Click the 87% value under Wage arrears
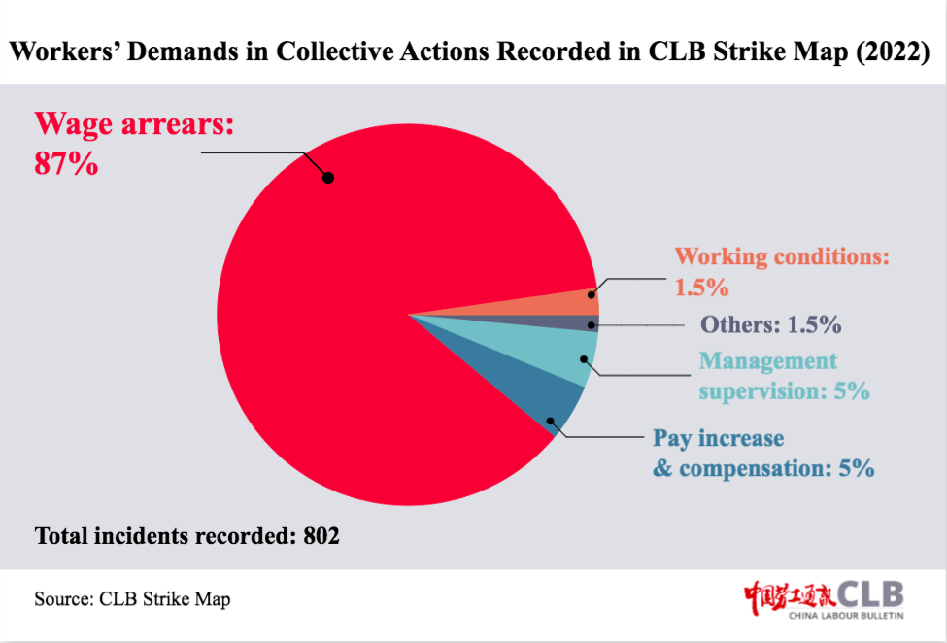pos(66,163)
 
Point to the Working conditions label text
pos(782,256)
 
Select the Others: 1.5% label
pos(770,324)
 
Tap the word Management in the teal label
pos(768,361)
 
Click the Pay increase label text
pos(718,438)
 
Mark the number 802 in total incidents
pos(321,535)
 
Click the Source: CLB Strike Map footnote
pos(132,599)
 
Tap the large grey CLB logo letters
pos(870,594)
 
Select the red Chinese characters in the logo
pos(790,597)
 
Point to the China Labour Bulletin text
pos(846,616)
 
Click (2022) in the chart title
pos(893,51)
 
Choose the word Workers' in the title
pos(65,51)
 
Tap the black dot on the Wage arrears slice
pos(328,178)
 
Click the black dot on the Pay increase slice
pos(550,421)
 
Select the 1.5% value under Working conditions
pos(701,288)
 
